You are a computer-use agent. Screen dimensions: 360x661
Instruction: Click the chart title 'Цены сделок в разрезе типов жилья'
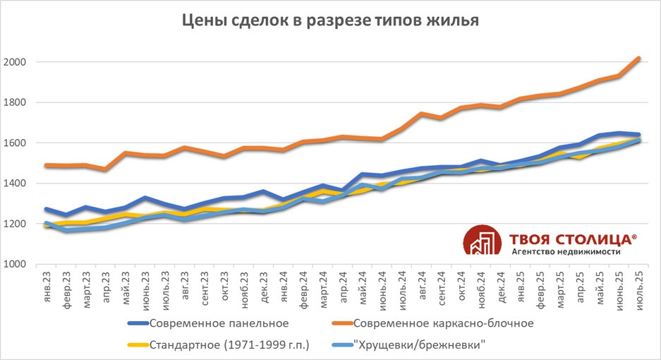331,21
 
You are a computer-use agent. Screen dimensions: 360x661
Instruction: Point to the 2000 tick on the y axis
16,62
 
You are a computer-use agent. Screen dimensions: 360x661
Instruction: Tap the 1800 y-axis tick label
16,102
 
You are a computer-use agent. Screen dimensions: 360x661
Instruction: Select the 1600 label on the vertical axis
16,143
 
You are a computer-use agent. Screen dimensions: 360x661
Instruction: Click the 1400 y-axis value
16,184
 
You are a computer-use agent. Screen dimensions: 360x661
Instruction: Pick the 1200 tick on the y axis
16,224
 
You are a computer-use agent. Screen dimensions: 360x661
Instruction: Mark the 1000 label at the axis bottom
16,265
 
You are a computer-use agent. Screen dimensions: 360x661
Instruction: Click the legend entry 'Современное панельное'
219,324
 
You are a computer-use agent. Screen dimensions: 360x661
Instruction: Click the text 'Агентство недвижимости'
566,252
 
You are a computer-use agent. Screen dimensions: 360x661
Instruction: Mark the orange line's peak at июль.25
638,59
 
